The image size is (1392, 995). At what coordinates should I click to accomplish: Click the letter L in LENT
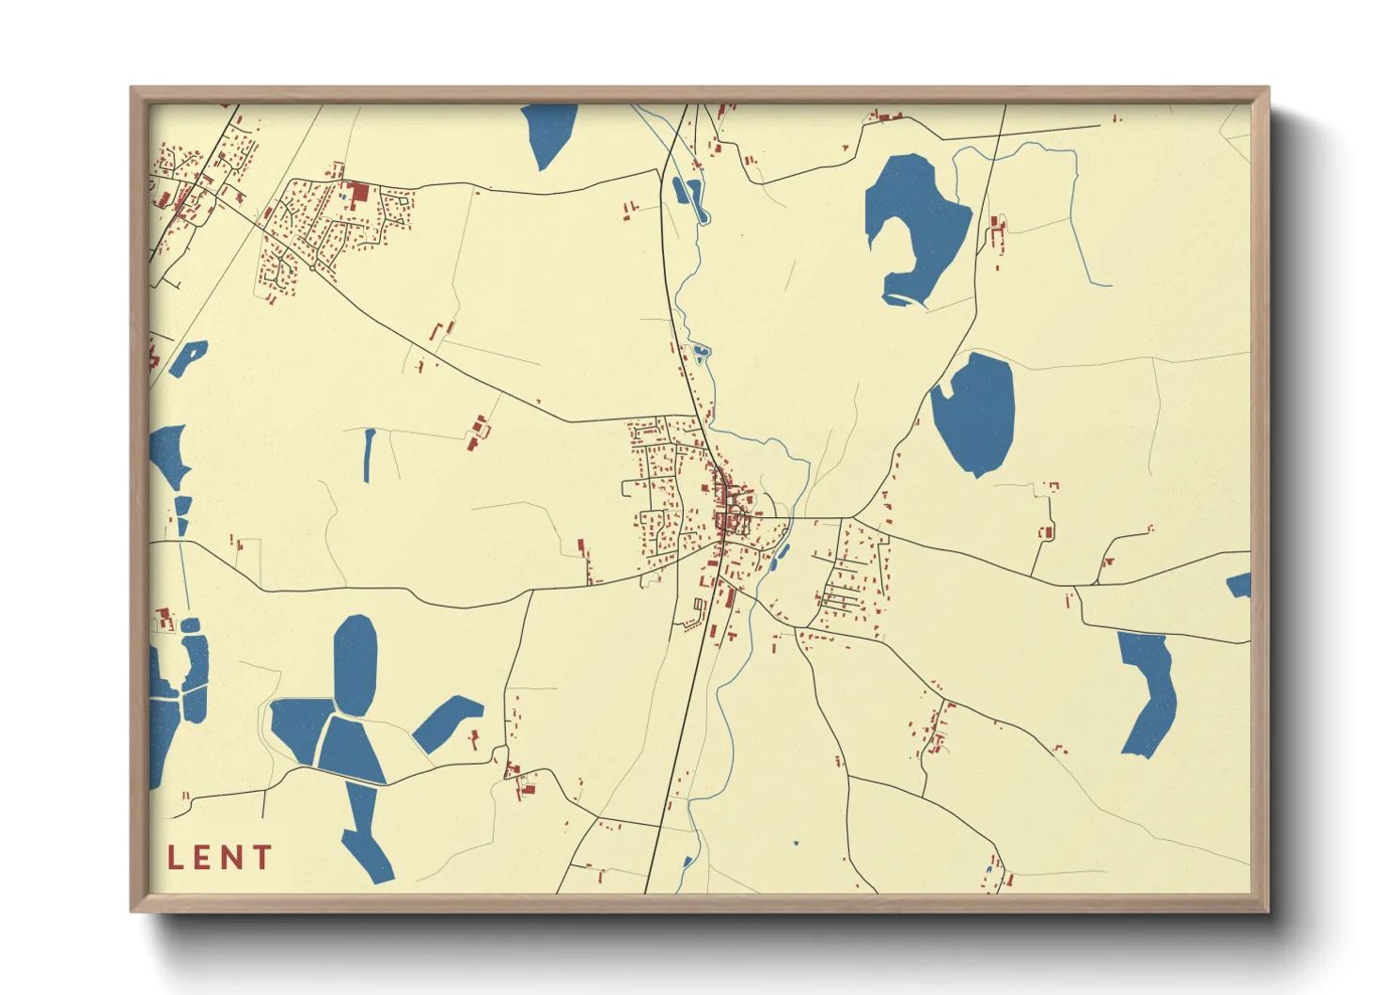175,858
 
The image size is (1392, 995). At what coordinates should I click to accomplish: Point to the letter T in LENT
261,858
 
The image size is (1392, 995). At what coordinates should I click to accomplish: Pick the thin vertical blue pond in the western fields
369,454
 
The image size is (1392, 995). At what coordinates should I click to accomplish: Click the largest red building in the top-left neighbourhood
358,195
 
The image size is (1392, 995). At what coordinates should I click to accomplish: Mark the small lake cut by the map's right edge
1241,585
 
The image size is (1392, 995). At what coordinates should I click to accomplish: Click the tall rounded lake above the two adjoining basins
355,662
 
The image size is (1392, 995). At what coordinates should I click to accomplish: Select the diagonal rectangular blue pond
448,723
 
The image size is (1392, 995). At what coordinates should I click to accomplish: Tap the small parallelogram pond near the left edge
187,357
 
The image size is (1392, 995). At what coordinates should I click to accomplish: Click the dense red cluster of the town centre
728,508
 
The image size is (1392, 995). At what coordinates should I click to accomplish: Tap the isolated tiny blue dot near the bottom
796,844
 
